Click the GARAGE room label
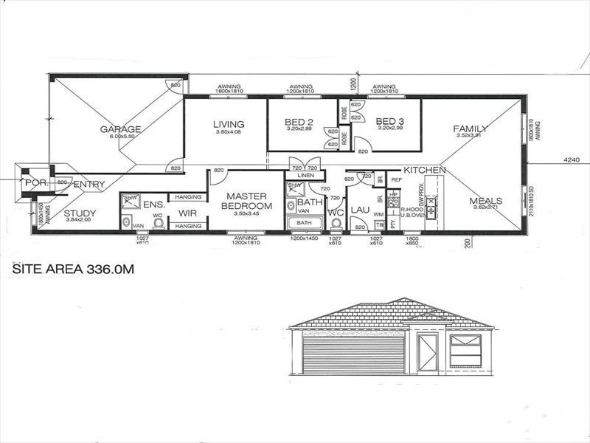pyautogui.click(x=120, y=129)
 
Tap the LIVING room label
pyautogui.click(x=228, y=124)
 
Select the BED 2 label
pyautogui.click(x=301, y=121)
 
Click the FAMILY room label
pyautogui.click(x=471, y=128)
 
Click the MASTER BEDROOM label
pyautogui.click(x=246, y=201)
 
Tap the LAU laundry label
pyautogui.click(x=360, y=210)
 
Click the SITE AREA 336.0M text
pyautogui.click(x=74, y=270)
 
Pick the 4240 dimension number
pyautogui.click(x=571, y=158)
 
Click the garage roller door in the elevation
pyautogui.click(x=352, y=354)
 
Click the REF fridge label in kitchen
pyautogui.click(x=395, y=180)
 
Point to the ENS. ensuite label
pyautogui.click(x=153, y=204)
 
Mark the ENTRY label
pyautogui.click(x=89, y=184)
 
